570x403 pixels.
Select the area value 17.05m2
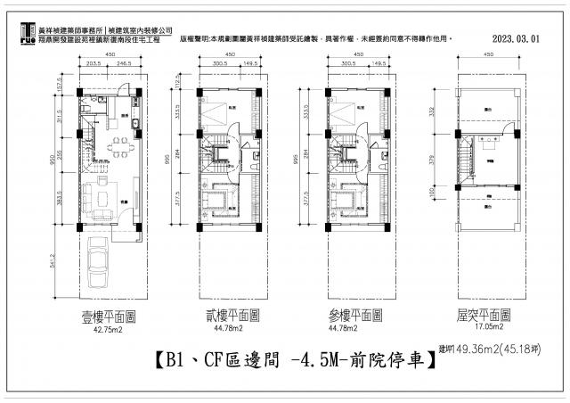click(x=484, y=328)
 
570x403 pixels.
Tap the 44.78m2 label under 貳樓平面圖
click(x=230, y=328)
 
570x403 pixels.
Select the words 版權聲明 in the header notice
click(x=194, y=40)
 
